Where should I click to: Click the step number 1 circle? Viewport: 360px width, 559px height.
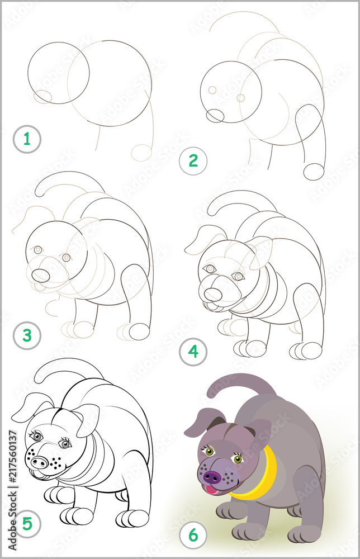pos(26,140)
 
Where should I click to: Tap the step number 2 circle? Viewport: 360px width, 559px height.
pos(193,161)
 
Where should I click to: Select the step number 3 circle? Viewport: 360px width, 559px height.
pos(26,336)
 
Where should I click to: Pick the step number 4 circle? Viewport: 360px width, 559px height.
pos(193,352)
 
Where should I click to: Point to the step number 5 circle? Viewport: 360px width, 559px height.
pos(26,524)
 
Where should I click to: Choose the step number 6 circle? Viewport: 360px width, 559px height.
pos(193,535)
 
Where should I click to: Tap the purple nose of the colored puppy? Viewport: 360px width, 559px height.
pos(211,477)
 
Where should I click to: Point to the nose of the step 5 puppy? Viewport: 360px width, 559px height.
pos(40,462)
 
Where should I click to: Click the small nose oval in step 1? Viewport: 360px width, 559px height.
pos(42,97)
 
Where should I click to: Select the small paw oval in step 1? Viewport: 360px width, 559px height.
pos(141,152)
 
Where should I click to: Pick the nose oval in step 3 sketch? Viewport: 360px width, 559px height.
pos(40,275)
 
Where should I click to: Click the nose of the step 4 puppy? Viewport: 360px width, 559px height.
pos(212,294)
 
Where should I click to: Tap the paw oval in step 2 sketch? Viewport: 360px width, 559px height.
pos(314,171)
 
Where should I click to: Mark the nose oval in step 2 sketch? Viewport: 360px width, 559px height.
pos(215,116)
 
